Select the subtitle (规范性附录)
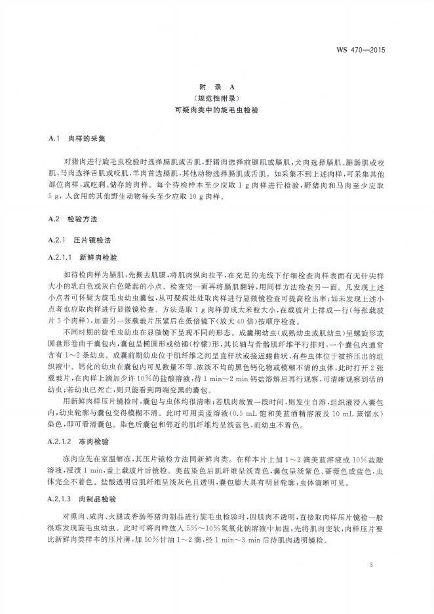216,98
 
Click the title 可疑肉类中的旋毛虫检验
216,111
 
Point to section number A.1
55,140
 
